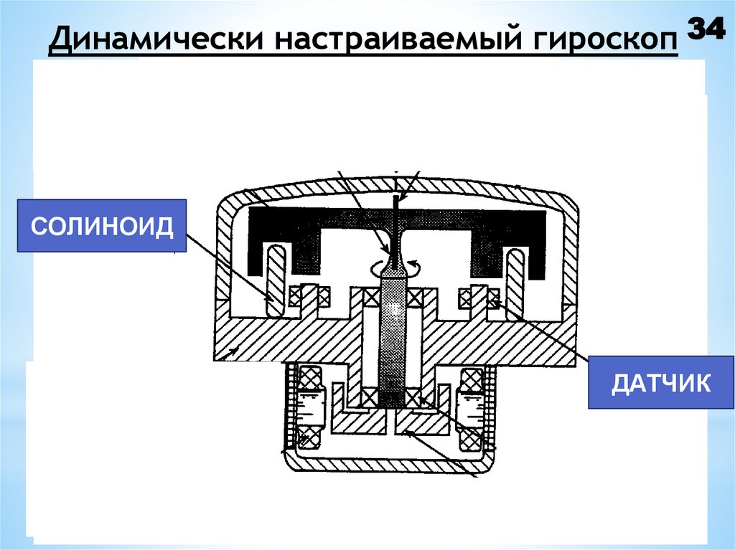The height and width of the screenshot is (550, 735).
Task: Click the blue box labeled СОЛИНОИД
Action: pos(101,226)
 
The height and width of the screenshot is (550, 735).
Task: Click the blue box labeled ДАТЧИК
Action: pos(661,382)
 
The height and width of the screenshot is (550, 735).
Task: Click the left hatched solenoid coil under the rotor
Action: pos(274,280)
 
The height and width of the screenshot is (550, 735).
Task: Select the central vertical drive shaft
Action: pos(391,337)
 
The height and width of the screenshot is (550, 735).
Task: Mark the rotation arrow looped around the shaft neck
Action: pos(392,267)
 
